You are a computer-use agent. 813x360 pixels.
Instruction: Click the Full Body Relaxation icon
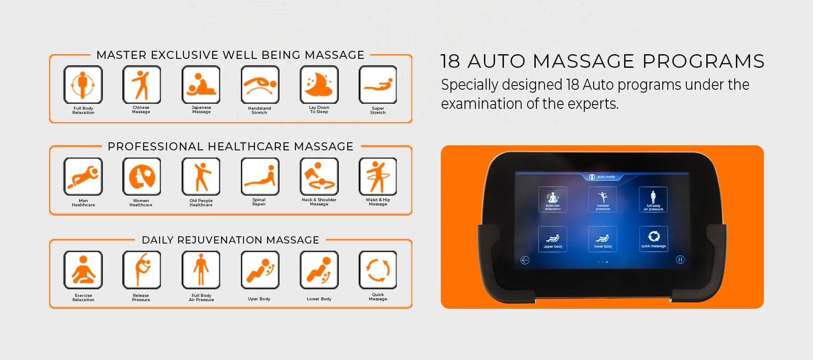point(83,85)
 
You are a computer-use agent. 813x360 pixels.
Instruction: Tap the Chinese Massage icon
point(141,85)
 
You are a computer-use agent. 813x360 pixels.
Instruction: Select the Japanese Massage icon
point(201,85)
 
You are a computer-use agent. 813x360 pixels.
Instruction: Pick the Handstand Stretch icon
point(260,85)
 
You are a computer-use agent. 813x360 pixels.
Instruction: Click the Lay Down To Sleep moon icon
point(319,85)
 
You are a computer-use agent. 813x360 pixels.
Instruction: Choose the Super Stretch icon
point(378,85)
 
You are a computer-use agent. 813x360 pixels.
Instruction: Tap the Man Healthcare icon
point(83,177)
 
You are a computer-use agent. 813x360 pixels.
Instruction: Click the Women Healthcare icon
point(141,177)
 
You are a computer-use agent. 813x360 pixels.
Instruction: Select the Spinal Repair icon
point(260,177)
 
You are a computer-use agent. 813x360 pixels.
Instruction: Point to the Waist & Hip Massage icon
point(378,177)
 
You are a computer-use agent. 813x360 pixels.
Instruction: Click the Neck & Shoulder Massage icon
point(319,177)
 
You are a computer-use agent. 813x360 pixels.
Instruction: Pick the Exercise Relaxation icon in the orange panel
point(83,270)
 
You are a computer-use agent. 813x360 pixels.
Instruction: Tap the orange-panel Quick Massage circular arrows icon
point(378,270)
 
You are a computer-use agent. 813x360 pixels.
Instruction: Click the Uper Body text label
point(259,299)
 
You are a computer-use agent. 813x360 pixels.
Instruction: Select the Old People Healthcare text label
point(201,203)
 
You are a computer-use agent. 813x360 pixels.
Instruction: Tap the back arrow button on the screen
point(525,260)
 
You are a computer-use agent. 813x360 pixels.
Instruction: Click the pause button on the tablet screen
point(680,260)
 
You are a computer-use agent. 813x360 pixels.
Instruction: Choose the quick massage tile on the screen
point(653,239)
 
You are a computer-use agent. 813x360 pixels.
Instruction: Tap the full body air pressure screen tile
point(653,199)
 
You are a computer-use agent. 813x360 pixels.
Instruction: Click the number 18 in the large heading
point(450,61)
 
